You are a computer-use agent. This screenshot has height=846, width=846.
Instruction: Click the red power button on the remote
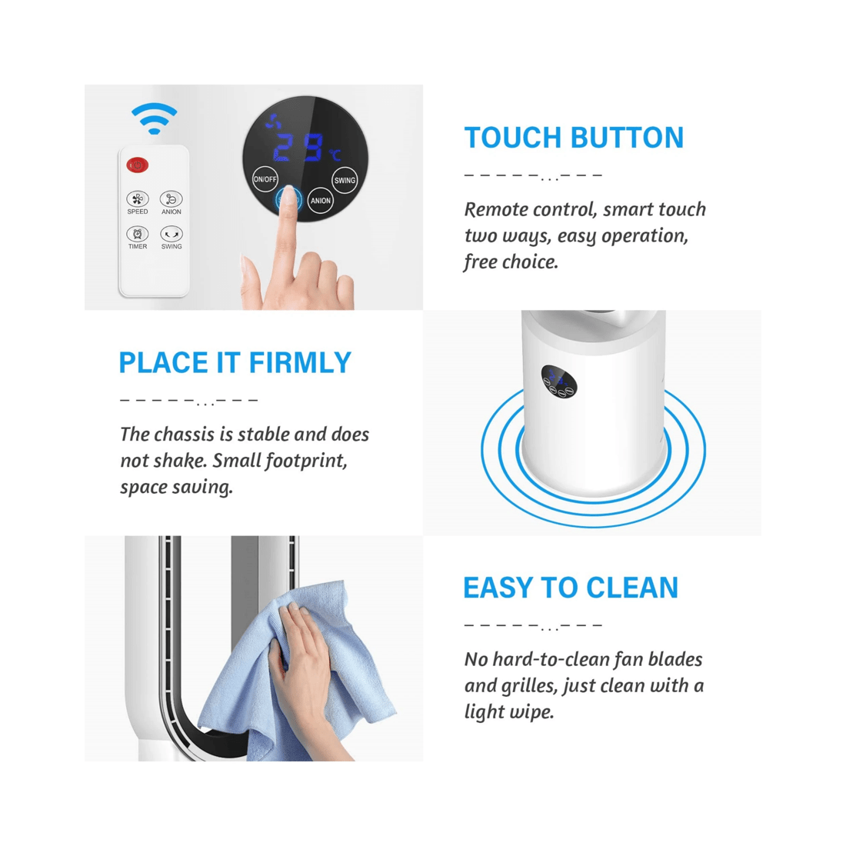click(x=138, y=165)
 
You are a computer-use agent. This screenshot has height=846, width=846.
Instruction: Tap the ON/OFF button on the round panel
click(x=265, y=178)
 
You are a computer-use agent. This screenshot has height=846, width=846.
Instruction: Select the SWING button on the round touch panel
click(x=345, y=180)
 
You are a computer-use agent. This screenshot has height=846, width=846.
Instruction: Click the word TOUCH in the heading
click(x=513, y=138)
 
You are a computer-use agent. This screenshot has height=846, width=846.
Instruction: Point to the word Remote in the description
click(x=496, y=209)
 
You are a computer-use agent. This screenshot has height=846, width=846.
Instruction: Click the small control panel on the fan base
click(x=558, y=381)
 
